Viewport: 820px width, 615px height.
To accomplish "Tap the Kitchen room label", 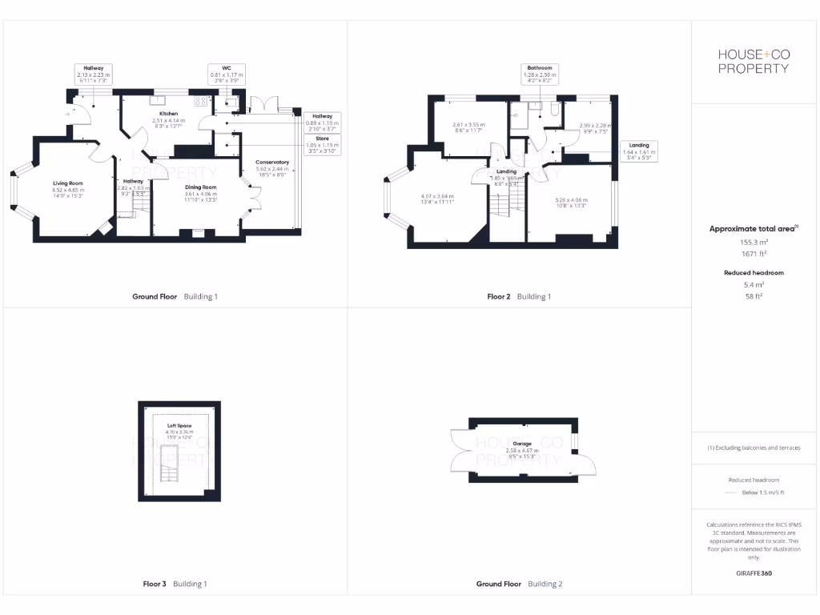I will [x=168, y=114].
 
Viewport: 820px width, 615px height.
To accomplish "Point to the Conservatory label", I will [x=272, y=163].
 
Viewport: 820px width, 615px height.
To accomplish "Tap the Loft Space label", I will [x=180, y=426].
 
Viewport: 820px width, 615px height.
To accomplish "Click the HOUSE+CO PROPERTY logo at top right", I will [x=753, y=61].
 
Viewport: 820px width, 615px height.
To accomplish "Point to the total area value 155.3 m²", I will [x=753, y=241].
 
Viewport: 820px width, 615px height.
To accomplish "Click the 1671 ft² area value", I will [x=753, y=253].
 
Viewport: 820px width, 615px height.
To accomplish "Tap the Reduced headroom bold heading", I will [x=753, y=273].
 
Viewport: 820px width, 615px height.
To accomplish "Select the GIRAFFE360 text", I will [x=753, y=573].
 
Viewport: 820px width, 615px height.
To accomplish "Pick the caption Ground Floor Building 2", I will [x=519, y=584].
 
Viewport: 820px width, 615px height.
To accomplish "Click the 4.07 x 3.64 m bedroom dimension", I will [x=437, y=196].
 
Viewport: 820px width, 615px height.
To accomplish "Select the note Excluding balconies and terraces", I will [x=753, y=448].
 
